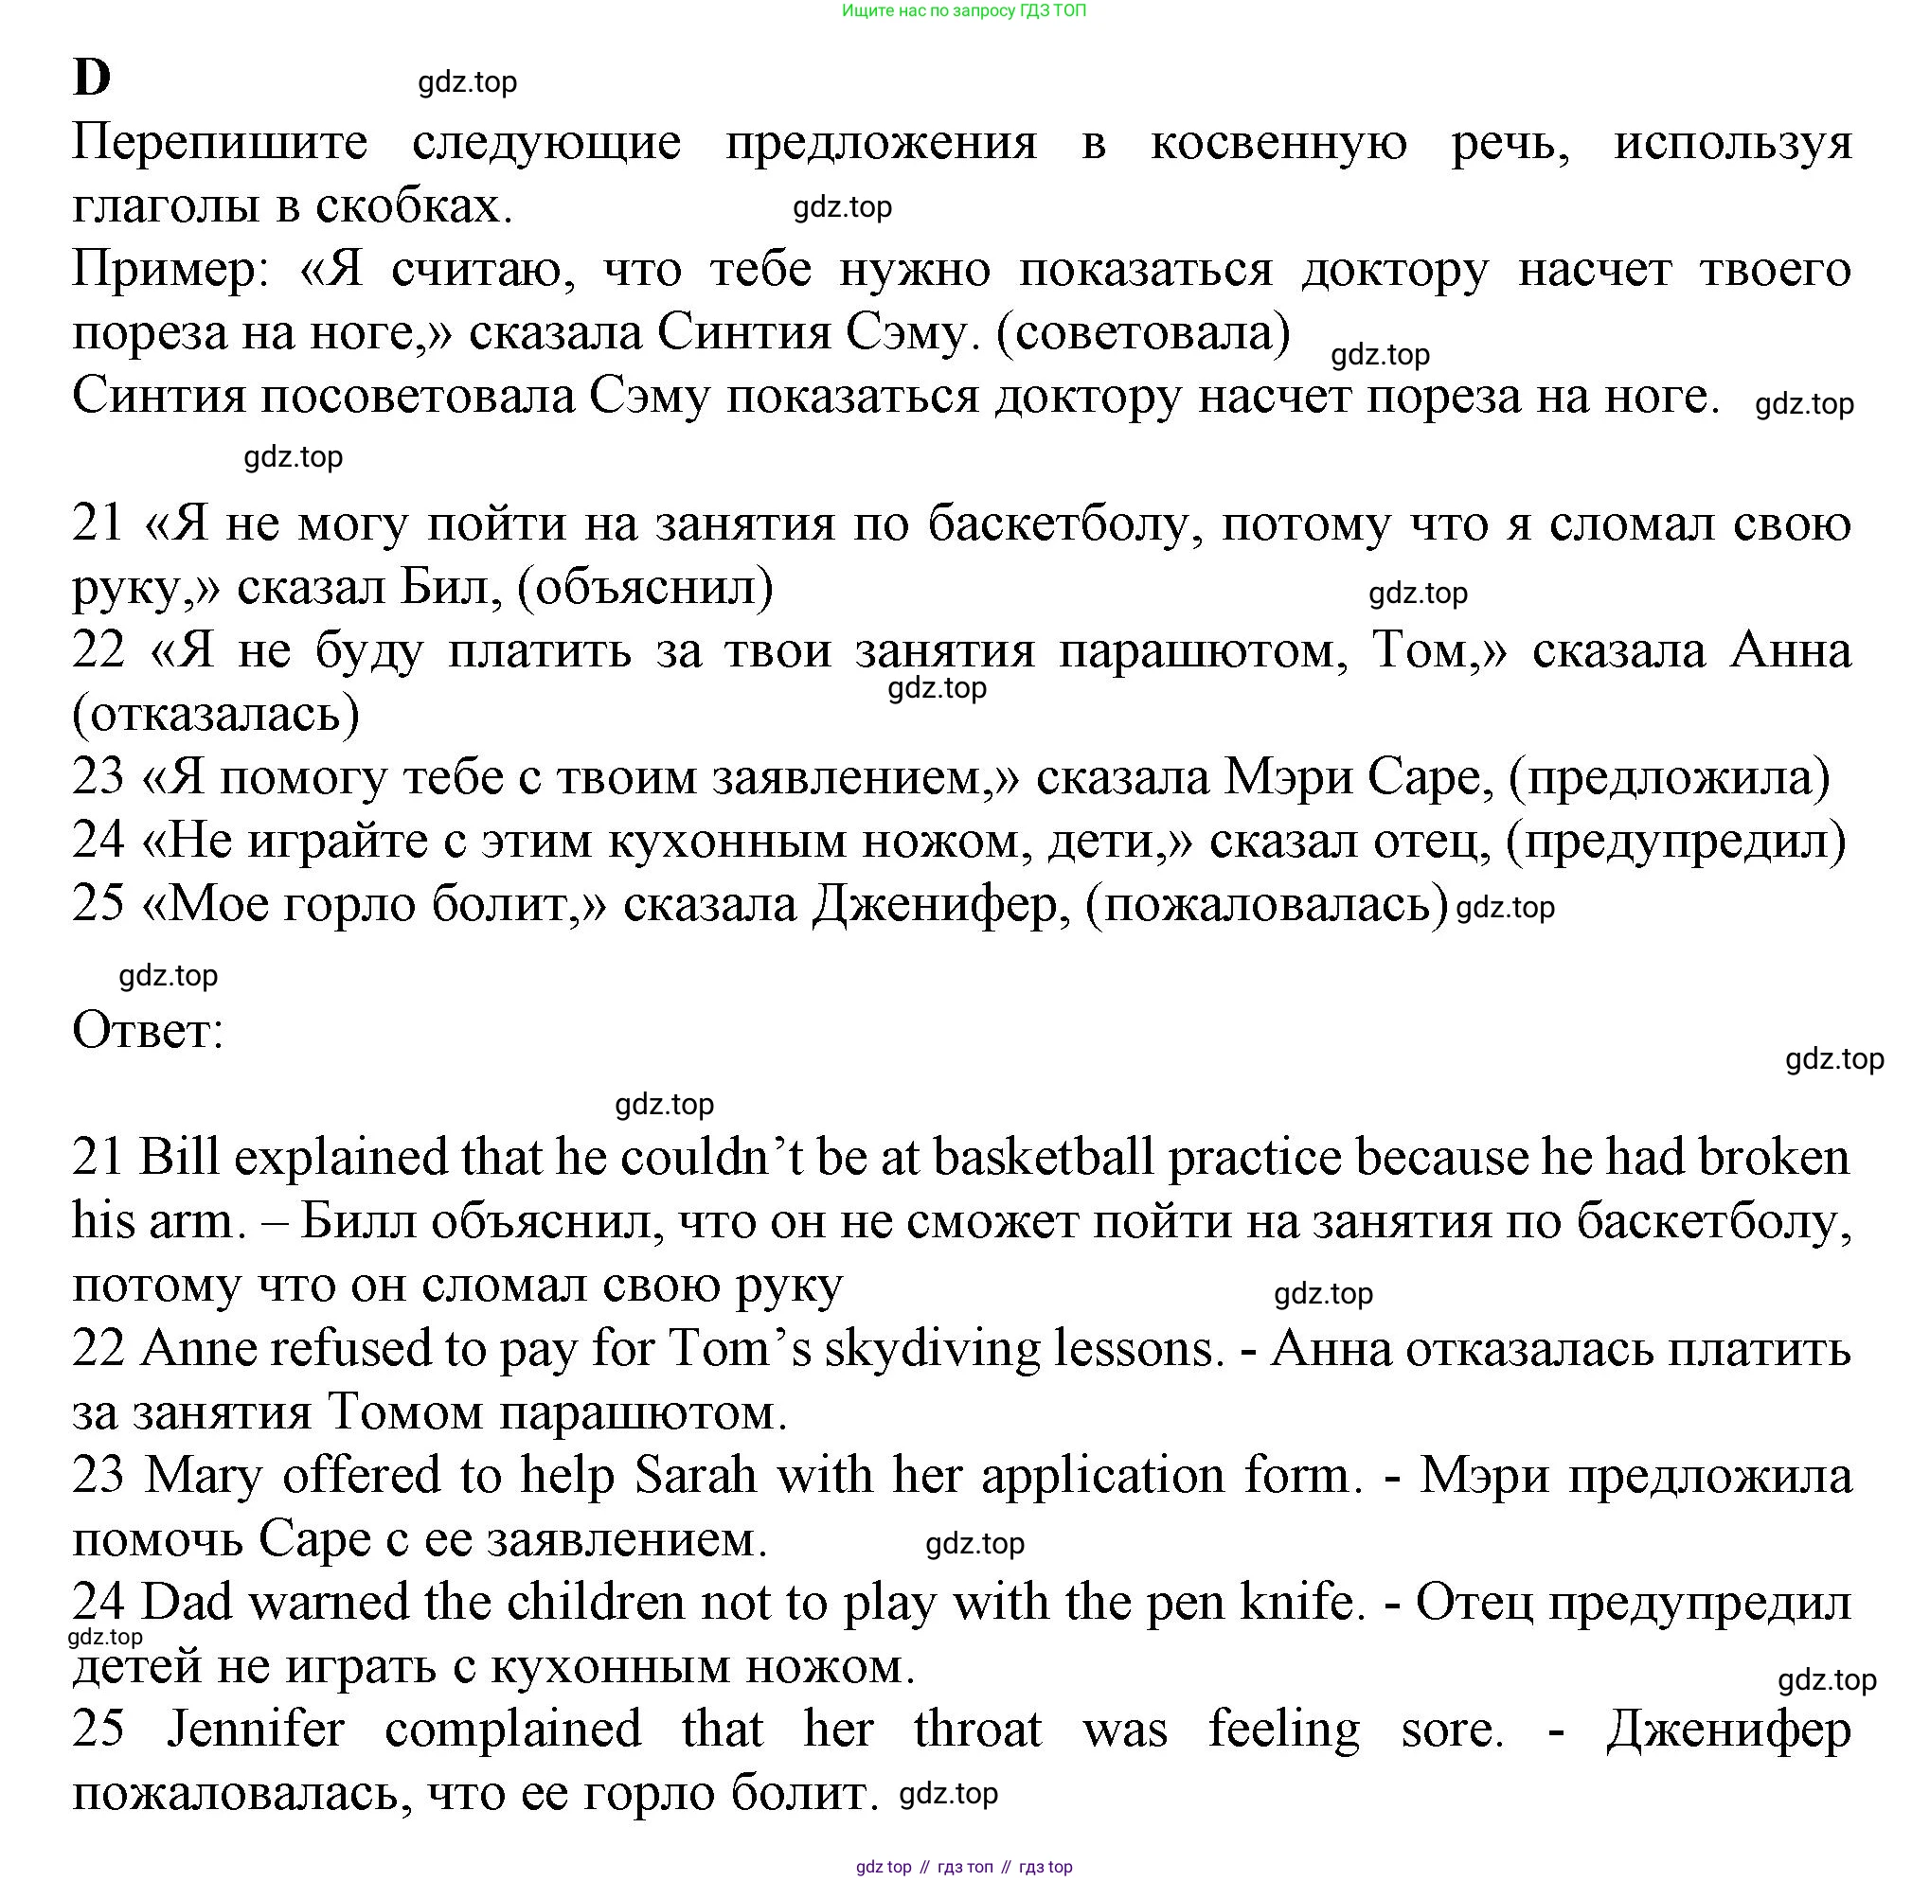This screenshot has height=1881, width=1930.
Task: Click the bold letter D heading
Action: click(x=91, y=78)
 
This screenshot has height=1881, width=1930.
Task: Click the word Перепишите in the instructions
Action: click(x=220, y=143)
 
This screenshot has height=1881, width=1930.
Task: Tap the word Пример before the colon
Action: click(x=163, y=270)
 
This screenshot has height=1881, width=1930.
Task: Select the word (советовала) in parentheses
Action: click(x=1142, y=333)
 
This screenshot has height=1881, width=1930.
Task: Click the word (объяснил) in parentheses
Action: click(x=645, y=588)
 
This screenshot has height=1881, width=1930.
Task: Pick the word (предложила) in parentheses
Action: click(x=1668, y=777)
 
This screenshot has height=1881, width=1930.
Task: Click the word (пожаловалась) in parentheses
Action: click(x=1266, y=904)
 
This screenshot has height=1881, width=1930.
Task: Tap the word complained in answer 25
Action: click(x=513, y=1729)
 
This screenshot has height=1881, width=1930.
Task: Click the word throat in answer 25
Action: click(x=976, y=1729)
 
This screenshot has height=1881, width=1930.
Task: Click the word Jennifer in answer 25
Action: click(x=255, y=1729)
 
